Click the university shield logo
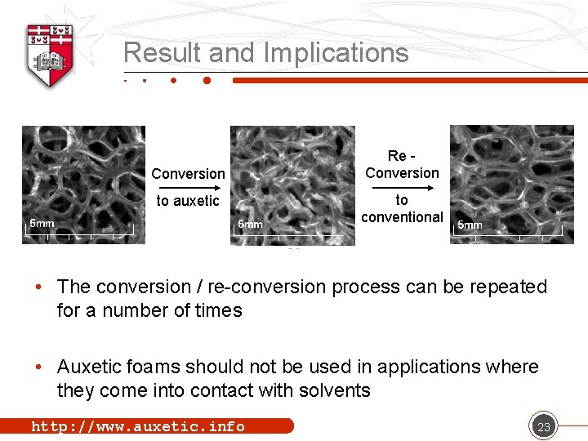coord(51,53)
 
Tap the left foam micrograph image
coord(83,185)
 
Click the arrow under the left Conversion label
coord(187,186)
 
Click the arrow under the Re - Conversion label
coord(402,185)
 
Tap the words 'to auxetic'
coord(188,201)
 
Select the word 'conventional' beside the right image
coord(402,217)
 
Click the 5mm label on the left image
coord(42,223)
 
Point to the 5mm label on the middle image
coord(250,224)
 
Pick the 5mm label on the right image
coord(470,225)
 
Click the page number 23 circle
coord(542,426)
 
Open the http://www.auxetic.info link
coord(137,426)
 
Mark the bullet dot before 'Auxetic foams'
coord(39,367)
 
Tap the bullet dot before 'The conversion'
coord(39,287)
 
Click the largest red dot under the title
coord(207,81)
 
